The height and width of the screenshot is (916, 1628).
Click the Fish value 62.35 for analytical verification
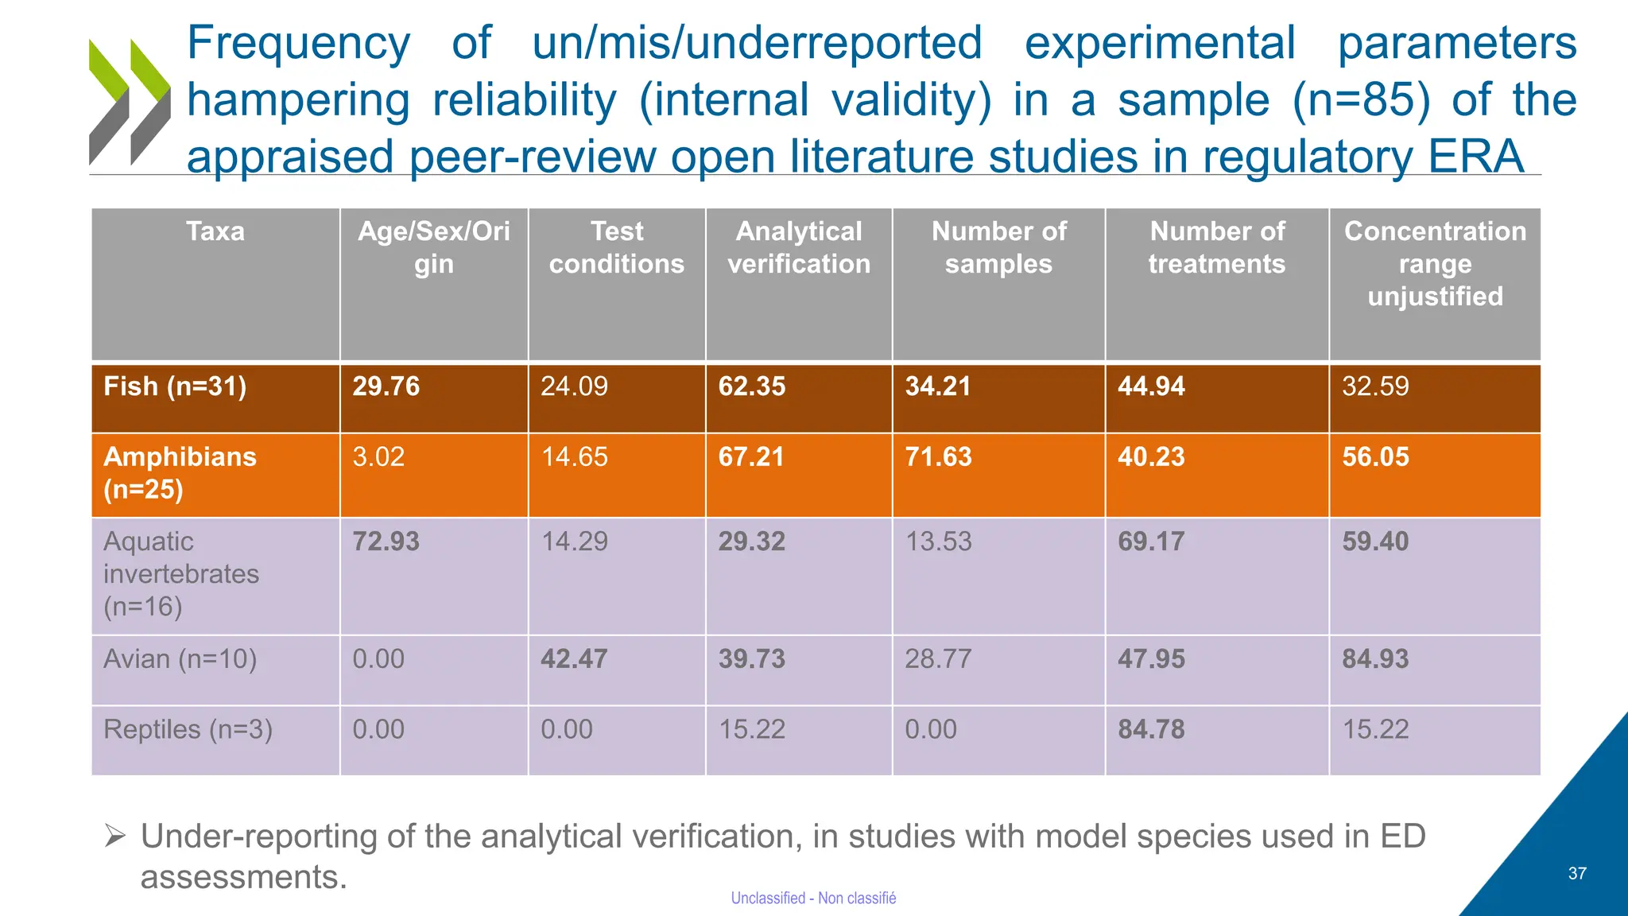[751, 386]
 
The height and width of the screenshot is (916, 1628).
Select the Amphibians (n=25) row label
[180, 472]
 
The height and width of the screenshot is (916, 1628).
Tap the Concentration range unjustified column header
[1435, 263]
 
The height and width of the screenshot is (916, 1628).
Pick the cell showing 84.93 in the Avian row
[1375, 659]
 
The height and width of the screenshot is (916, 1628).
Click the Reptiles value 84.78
[1151, 729]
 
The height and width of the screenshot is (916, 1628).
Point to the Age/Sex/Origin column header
[433, 247]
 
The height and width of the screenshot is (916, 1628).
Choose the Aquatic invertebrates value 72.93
[386, 541]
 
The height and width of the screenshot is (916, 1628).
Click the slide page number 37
[1577, 873]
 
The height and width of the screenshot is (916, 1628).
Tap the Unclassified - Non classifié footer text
[813, 898]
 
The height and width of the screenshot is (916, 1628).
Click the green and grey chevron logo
[130, 102]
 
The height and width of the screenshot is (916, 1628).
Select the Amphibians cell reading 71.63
[938, 457]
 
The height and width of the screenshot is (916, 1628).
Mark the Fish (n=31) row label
[175, 386]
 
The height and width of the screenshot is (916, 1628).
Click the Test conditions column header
[617, 247]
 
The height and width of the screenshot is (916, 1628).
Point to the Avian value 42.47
[574, 659]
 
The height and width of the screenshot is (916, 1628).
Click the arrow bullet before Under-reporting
[115, 836]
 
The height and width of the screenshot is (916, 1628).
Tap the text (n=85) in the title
[1361, 100]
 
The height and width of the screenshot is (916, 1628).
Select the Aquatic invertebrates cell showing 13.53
[938, 541]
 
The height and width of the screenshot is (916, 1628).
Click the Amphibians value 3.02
[378, 457]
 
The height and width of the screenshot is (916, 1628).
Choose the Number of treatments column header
[1216, 247]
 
